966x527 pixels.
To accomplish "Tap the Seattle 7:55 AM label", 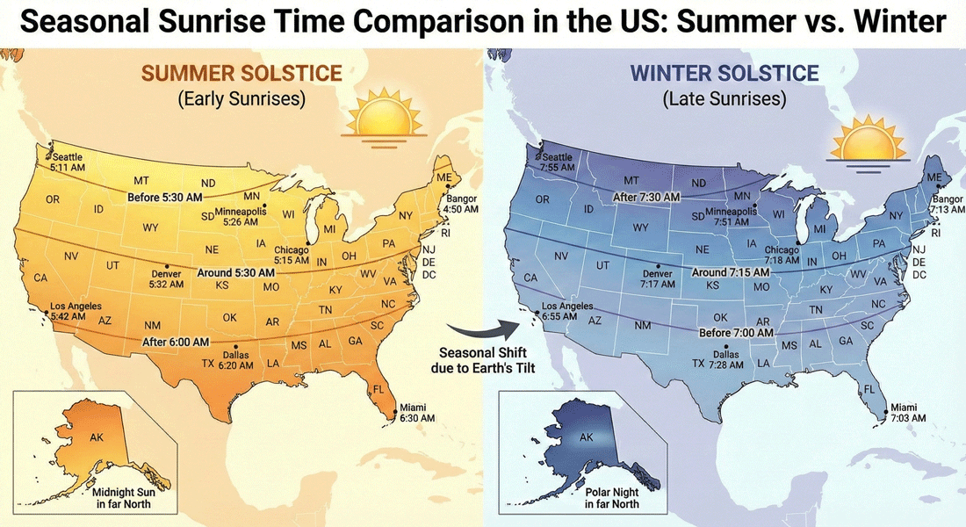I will coord(558,161).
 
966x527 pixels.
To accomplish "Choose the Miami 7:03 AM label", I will coord(906,413).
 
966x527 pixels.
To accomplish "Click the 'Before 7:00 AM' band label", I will coord(738,333).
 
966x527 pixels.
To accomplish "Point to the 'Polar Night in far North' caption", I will coord(612,499).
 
